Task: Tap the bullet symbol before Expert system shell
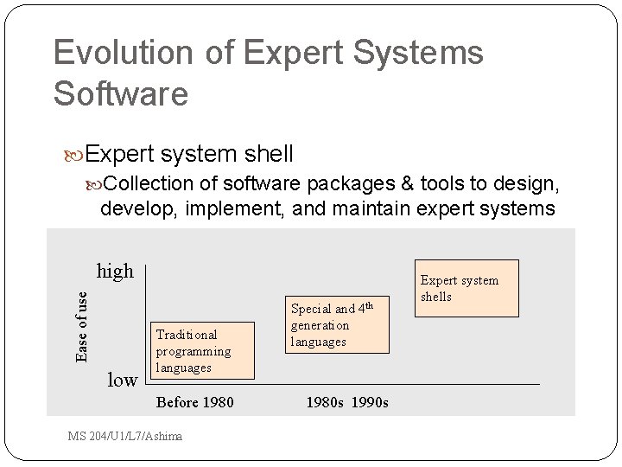pyautogui.click(x=75, y=155)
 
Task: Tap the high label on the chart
pyautogui.click(x=115, y=272)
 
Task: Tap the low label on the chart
pyautogui.click(x=122, y=380)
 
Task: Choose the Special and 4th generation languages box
pyautogui.click(x=338, y=324)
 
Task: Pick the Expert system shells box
pyautogui.click(x=466, y=288)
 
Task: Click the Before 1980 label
pyautogui.click(x=194, y=403)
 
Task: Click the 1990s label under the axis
pyautogui.click(x=370, y=403)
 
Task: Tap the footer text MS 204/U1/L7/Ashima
pyautogui.click(x=125, y=436)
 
